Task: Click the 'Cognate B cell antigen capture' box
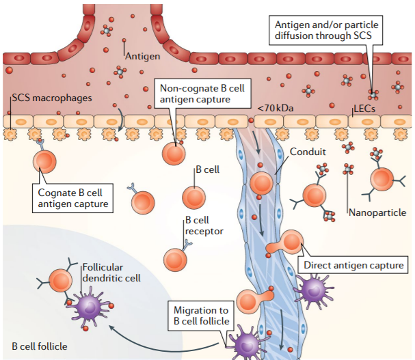click(x=74, y=197)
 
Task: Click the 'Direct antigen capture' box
click(x=353, y=265)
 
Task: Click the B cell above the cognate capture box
click(x=46, y=163)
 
